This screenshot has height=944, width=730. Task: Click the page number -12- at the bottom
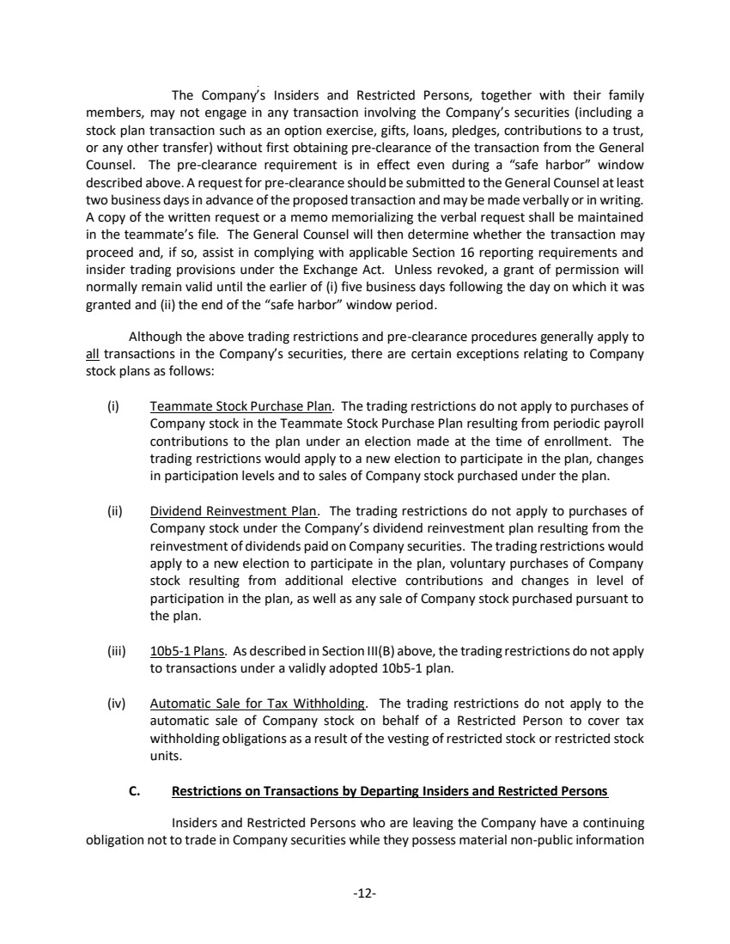coord(365,893)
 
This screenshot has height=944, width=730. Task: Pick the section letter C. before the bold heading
coord(134,790)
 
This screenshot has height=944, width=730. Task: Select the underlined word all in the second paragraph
coord(94,351)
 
